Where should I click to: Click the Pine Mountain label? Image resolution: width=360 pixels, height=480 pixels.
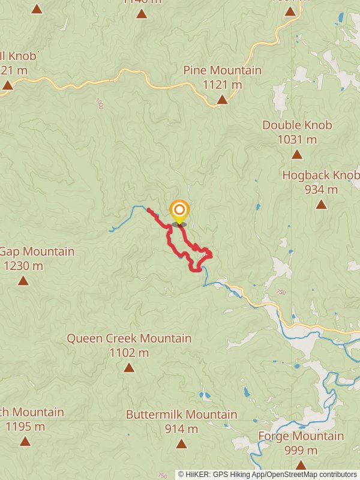pyautogui.click(x=223, y=70)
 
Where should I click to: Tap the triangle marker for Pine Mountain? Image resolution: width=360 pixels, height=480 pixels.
pyautogui.click(x=222, y=99)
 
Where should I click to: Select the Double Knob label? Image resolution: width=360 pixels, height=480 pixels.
pyautogui.click(x=297, y=125)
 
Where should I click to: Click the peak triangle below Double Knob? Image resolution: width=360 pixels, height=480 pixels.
pyautogui.click(x=297, y=155)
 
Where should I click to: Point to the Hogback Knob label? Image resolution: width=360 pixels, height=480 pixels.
pyautogui.click(x=321, y=175)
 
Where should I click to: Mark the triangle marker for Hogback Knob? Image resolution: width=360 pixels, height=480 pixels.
pyautogui.click(x=321, y=205)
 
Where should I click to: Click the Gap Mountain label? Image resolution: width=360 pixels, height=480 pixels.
pyautogui.click(x=37, y=251)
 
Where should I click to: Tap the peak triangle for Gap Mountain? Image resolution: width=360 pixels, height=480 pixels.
pyautogui.click(x=23, y=281)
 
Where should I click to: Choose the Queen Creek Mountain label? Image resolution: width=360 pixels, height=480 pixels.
pyautogui.click(x=129, y=338)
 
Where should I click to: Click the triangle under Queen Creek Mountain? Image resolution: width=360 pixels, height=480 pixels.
pyautogui.click(x=129, y=367)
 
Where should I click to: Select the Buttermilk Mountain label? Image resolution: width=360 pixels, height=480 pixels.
pyautogui.click(x=181, y=415)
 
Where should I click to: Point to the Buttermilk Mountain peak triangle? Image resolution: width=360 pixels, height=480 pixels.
pyautogui.click(x=181, y=444)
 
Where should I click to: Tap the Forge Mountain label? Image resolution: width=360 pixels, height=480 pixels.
pyautogui.click(x=301, y=436)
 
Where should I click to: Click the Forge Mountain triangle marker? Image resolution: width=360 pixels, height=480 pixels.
pyautogui.click(x=301, y=465)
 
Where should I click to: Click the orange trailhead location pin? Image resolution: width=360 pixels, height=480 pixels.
pyautogui.click(x=179, y=211)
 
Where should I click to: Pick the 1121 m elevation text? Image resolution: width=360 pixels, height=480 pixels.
pyautogui.click(x=222, y=85)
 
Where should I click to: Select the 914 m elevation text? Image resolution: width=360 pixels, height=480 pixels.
pyautogui.click(x=181, y=429)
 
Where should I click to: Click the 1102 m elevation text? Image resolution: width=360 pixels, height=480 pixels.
pyautogui.click(x=129, y=353)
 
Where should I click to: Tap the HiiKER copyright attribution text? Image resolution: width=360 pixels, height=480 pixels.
pyautogui.click(x=267, y=474)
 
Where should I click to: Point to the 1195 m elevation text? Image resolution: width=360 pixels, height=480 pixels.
pyautogui.click(x=25, y=427)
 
